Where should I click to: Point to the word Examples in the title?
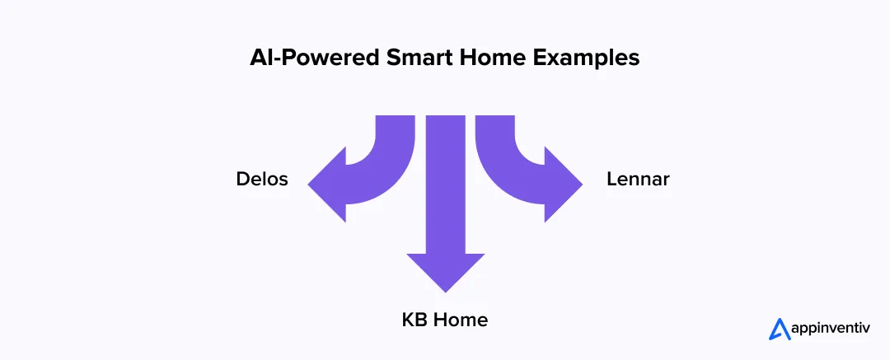570,59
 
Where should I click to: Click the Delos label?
261,179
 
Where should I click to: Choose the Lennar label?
637,179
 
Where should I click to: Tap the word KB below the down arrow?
413,320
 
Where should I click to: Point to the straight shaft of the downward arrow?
445,181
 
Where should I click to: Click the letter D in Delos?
242,179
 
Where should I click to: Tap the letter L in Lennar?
611,179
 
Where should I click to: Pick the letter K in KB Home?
407,320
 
